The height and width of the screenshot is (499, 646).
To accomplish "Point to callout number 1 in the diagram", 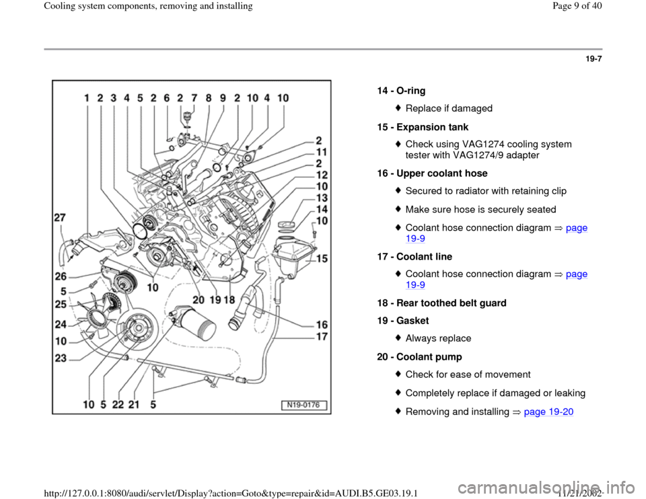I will coord(87,98).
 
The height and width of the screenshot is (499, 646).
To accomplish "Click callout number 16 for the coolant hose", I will coord(322,324).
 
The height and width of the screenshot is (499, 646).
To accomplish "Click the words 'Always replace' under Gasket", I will coord(438,338).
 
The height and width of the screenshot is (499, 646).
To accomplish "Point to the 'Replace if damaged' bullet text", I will coord(449,108).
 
